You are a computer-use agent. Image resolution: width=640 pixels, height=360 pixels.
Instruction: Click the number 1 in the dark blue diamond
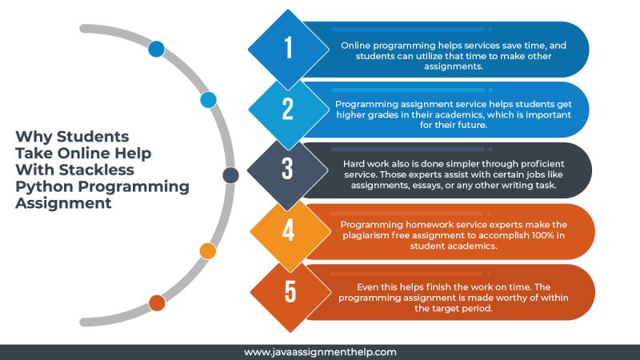288,49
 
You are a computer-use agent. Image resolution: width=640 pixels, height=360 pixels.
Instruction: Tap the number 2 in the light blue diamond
288,110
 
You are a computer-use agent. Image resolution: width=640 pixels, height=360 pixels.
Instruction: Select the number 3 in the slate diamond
288,170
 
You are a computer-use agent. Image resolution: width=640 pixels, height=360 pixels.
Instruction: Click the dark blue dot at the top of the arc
156,49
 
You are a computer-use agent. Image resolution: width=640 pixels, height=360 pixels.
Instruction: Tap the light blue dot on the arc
208,100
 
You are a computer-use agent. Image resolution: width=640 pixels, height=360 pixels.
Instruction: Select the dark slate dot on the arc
230,175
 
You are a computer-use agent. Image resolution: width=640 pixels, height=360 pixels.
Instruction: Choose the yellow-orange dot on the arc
207,251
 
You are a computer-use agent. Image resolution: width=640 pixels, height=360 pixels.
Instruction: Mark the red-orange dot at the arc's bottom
157,302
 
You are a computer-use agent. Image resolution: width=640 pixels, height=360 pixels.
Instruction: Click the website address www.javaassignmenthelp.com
320,351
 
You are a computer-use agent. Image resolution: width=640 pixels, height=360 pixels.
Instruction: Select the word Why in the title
32,136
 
